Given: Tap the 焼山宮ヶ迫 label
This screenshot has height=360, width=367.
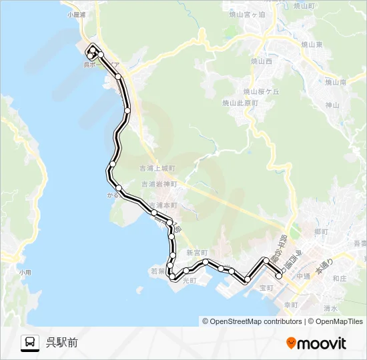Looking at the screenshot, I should coord(248,13).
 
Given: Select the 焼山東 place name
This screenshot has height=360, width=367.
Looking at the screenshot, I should coord(312,44).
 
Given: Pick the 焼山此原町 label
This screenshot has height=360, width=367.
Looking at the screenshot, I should coord(240,103).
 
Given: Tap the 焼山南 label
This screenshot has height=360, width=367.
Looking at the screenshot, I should coord(335,82).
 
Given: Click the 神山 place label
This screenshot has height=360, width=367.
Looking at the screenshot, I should coord(332,105).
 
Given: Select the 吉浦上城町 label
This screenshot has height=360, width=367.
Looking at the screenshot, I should coord(158,169).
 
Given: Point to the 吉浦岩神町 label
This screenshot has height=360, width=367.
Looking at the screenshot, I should coord(158,183).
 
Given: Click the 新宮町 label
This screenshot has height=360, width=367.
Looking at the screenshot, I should coord(198,253).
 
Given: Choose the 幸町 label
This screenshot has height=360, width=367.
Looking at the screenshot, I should coord(290,303).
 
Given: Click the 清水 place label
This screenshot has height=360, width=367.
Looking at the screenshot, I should coord(330,308).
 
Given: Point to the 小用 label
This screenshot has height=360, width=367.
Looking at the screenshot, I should coord(25,272).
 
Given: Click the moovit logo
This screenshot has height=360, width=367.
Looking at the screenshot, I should coord(316,343).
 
